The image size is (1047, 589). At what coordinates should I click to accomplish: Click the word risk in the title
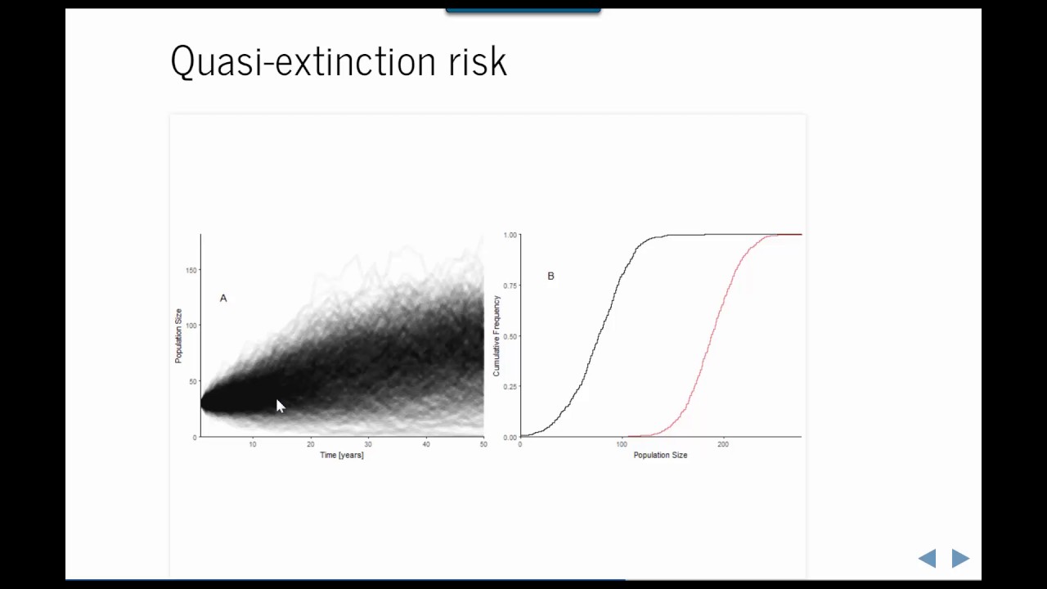coord(478,61)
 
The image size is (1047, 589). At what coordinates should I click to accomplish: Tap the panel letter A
coord(223,299)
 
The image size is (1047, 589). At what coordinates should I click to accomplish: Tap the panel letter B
coord(550,277)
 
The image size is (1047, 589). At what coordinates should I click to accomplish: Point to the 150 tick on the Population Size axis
coord(191,270)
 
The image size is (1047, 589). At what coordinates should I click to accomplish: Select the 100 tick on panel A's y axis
coord(191,326)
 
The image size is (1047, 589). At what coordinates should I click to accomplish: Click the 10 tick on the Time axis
coord(253,444)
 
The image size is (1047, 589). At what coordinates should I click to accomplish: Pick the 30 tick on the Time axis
coord(368,444)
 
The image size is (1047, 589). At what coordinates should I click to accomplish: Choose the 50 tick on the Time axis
coord(483,444)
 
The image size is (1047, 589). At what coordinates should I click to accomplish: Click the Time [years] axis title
coord(342,455)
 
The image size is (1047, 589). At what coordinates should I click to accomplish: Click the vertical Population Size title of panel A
coord(178,335)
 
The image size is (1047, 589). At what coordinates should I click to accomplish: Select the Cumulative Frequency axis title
coord(497,335)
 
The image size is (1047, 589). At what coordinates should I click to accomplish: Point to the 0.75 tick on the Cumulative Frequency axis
coord(510,286)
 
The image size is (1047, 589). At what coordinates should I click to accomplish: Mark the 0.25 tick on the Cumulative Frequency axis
coord(510,387)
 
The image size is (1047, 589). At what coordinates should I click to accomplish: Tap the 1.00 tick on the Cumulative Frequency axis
coord(510,235)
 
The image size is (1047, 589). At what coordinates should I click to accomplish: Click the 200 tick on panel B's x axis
coord(723,444)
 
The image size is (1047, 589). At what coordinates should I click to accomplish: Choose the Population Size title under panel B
coord(660,455)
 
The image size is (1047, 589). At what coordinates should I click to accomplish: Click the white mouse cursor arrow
coord(280,406)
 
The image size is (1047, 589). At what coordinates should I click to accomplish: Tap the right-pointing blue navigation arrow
coord(960,558)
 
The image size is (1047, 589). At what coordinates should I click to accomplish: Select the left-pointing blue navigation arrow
coord(928,558)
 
